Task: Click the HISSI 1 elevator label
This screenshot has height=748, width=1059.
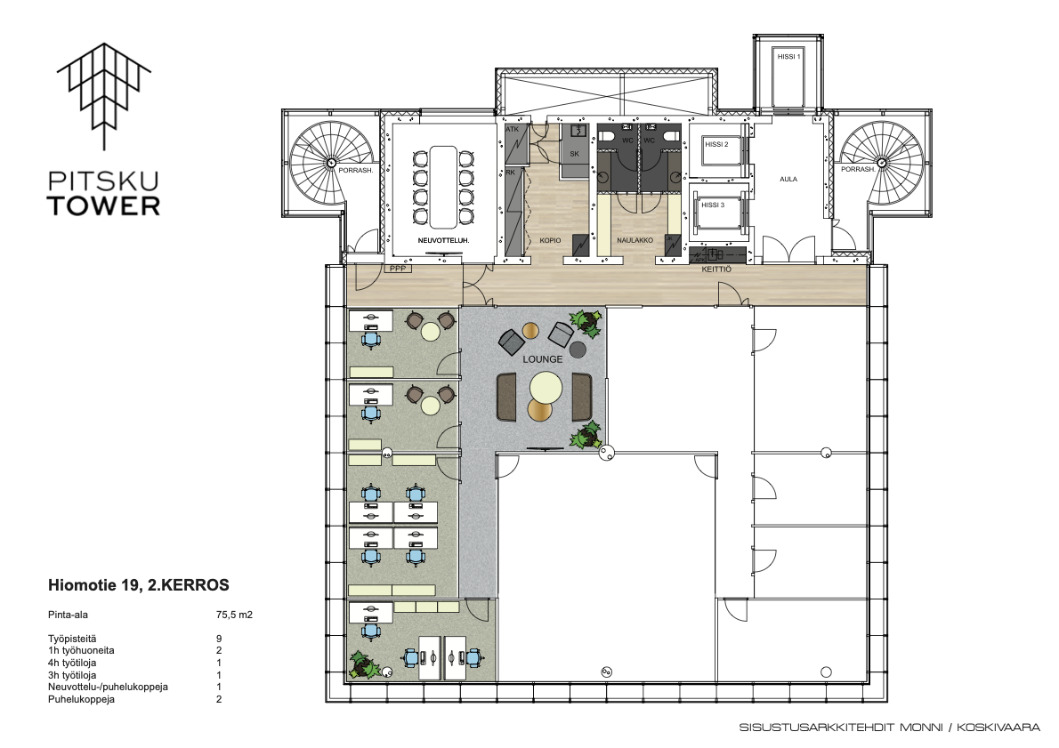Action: (x=788, y=57)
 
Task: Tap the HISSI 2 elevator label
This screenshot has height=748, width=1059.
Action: (x=716, y=144)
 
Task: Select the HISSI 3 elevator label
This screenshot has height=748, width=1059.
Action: (x=713, y=205)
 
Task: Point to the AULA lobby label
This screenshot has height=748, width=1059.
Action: (x=788, y=180)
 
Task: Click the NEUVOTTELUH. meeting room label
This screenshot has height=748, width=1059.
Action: (x=443, y=240)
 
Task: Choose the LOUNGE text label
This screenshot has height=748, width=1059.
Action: (x=542, y=359)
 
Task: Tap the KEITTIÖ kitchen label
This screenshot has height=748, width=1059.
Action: (x=716, y=269)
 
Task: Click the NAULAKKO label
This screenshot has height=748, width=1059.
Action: (x=635, y=240)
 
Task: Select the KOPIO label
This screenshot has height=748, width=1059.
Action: (x=551, y=240)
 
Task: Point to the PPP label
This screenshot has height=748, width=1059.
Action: (x=399, y=269)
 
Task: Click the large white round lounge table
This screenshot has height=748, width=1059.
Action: (x=546, y=388)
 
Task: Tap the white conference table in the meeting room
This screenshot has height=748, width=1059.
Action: (x=442, y=185)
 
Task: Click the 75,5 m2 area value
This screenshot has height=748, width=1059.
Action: (x=234, y=615)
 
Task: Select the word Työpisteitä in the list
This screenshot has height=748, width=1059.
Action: (x=72, y=639)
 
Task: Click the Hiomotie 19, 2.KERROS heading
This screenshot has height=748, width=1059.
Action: (x=139, y=585)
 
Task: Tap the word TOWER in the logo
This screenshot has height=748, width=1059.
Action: (x=103, y=206)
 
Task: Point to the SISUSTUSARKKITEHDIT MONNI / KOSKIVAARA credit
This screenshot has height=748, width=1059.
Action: (x=890, y=727)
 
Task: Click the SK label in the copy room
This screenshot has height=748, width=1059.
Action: (x=575, y=154)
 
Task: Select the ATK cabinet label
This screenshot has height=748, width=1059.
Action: (x=512, y=129)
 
